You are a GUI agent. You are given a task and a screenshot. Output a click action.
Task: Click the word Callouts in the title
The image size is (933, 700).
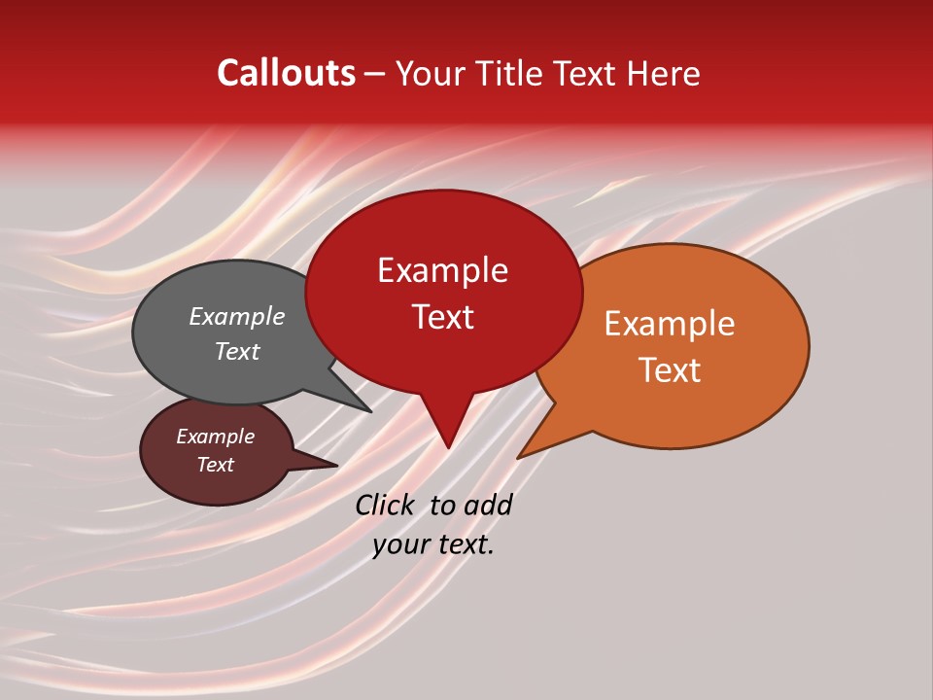[x=286, y=73]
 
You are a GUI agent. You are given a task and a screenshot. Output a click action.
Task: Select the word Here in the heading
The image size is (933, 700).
[x=664, y=73]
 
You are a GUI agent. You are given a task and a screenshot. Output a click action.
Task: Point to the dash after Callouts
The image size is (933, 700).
[x=374, y=74]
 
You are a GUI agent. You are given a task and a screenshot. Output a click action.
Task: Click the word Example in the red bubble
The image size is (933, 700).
[x=442, y=270]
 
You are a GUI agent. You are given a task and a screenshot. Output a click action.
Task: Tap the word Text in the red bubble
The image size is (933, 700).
[x=442, y=317]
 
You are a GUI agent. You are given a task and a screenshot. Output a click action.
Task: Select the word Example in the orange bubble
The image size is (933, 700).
[x=670, y=324]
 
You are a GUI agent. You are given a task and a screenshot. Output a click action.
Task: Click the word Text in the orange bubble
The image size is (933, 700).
[x=670, y=370]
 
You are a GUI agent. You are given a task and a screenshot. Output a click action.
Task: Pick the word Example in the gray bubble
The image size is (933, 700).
[x=236, y=316]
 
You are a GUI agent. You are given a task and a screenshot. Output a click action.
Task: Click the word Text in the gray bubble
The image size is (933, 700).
[x=236, y=351]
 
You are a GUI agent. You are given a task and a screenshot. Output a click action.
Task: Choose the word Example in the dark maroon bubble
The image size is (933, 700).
[x=215, y=437]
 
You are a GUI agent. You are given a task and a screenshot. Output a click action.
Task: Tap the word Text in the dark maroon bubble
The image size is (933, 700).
[x=215, y=465]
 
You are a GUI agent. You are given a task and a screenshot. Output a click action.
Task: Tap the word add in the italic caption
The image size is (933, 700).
[x=487, y=505]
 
